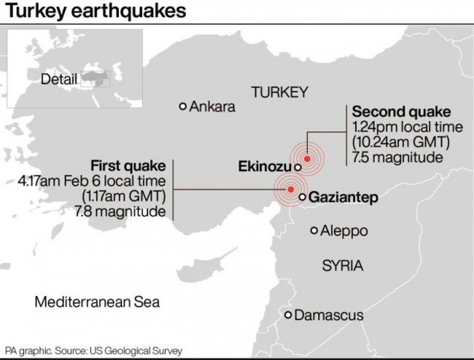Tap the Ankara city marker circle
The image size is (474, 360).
183,106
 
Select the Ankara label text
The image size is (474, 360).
213,107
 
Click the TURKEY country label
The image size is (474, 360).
280,93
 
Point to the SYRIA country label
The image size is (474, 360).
342,266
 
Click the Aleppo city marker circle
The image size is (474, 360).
314,231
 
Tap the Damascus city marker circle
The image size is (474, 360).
289,315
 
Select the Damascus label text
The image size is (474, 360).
330,316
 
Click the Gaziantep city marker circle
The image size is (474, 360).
303,197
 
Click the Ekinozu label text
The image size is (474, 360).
265,167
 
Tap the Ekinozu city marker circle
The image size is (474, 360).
298,167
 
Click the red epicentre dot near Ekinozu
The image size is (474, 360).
308,158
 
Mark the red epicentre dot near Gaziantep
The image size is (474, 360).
291,189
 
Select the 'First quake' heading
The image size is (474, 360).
128,165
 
